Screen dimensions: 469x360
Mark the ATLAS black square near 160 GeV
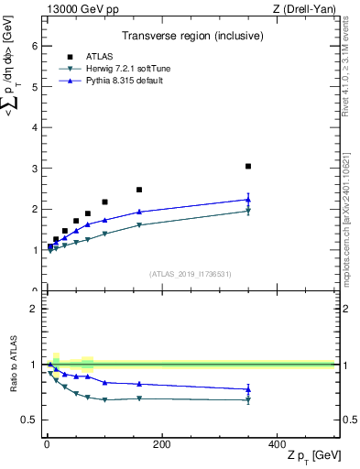[139, 190]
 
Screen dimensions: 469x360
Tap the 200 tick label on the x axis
[161, 444]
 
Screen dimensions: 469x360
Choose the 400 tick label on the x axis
[277, 444]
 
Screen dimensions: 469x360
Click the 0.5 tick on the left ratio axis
[30, 420]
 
